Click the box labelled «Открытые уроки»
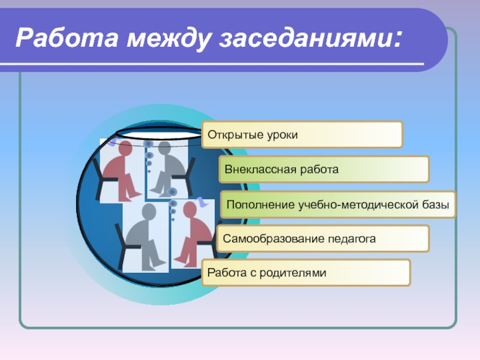point(302,134)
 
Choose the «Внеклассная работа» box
point(323,169)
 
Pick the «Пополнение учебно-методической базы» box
point(338,205)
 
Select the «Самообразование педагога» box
point(323,239)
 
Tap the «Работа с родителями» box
point(306,273)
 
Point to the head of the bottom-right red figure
point(191,210)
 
